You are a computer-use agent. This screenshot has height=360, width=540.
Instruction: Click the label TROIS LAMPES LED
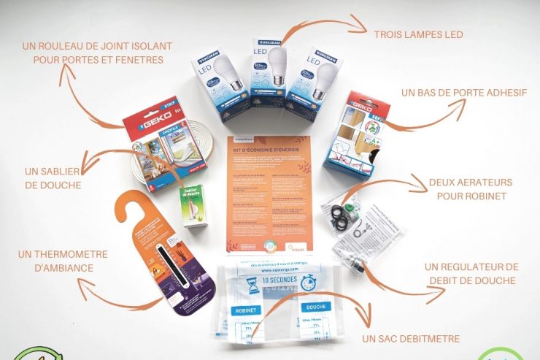click(418, 34)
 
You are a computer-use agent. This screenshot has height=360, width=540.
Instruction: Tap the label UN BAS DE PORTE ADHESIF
click(464, 93)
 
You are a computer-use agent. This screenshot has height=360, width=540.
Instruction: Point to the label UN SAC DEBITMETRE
click(411, 338)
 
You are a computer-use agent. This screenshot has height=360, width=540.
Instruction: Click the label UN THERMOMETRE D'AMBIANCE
click(63, 261)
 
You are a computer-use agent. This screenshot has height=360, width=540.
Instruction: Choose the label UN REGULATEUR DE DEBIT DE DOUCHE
click(471, 274)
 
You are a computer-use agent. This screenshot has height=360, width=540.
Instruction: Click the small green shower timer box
click(193, 205)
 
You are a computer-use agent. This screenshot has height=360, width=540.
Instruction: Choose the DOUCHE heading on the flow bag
click(317, 307)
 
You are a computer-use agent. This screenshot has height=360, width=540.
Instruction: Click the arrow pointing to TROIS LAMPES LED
click(321, 29)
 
